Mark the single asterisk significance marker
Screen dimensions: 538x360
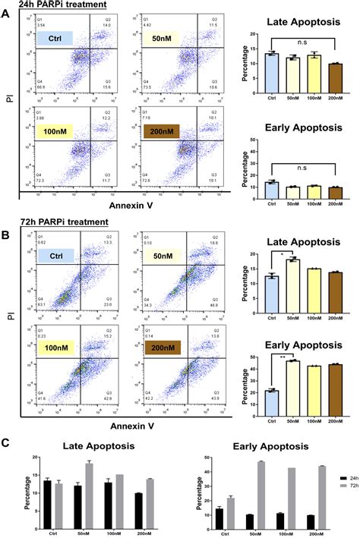(282, 255)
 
